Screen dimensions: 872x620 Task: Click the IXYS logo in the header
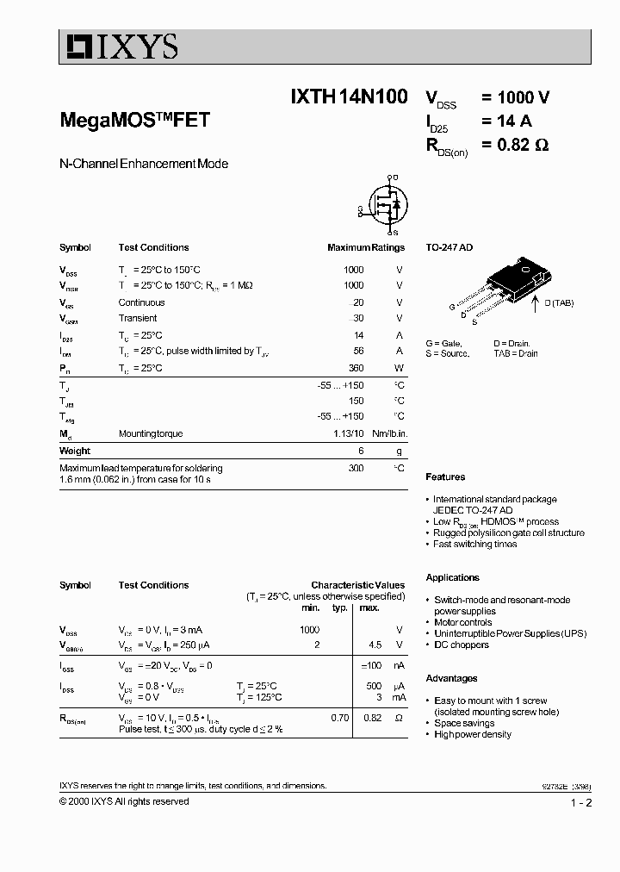(x=119, y=46)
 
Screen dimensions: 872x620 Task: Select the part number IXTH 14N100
(x=349, y=97)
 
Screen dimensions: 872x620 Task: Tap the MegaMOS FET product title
(x=134, y=121)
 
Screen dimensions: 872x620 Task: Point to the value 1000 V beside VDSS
(x=515, y=97)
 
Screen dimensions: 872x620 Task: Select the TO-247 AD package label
(x=449, y=247)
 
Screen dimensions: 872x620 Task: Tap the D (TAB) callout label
(x=557, y=302)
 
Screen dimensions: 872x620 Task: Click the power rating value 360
(x=355, y=368)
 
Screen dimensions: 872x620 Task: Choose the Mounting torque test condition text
(x=151, y=433)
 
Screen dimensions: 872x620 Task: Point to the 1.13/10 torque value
(x=350, y=433)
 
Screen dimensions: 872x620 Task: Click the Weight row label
(x=75, y=451)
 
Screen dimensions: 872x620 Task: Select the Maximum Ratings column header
(x=365, y=247)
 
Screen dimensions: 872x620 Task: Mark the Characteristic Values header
(x=357, y=585)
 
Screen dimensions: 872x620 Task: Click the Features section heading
(x=445, y=476)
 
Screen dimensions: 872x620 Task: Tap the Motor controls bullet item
(x=462, y=622)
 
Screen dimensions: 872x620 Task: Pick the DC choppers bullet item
(x=461, y=645)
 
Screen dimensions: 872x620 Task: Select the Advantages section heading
(x=451, y=678)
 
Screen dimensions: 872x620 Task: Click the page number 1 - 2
(x=580, y=803)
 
